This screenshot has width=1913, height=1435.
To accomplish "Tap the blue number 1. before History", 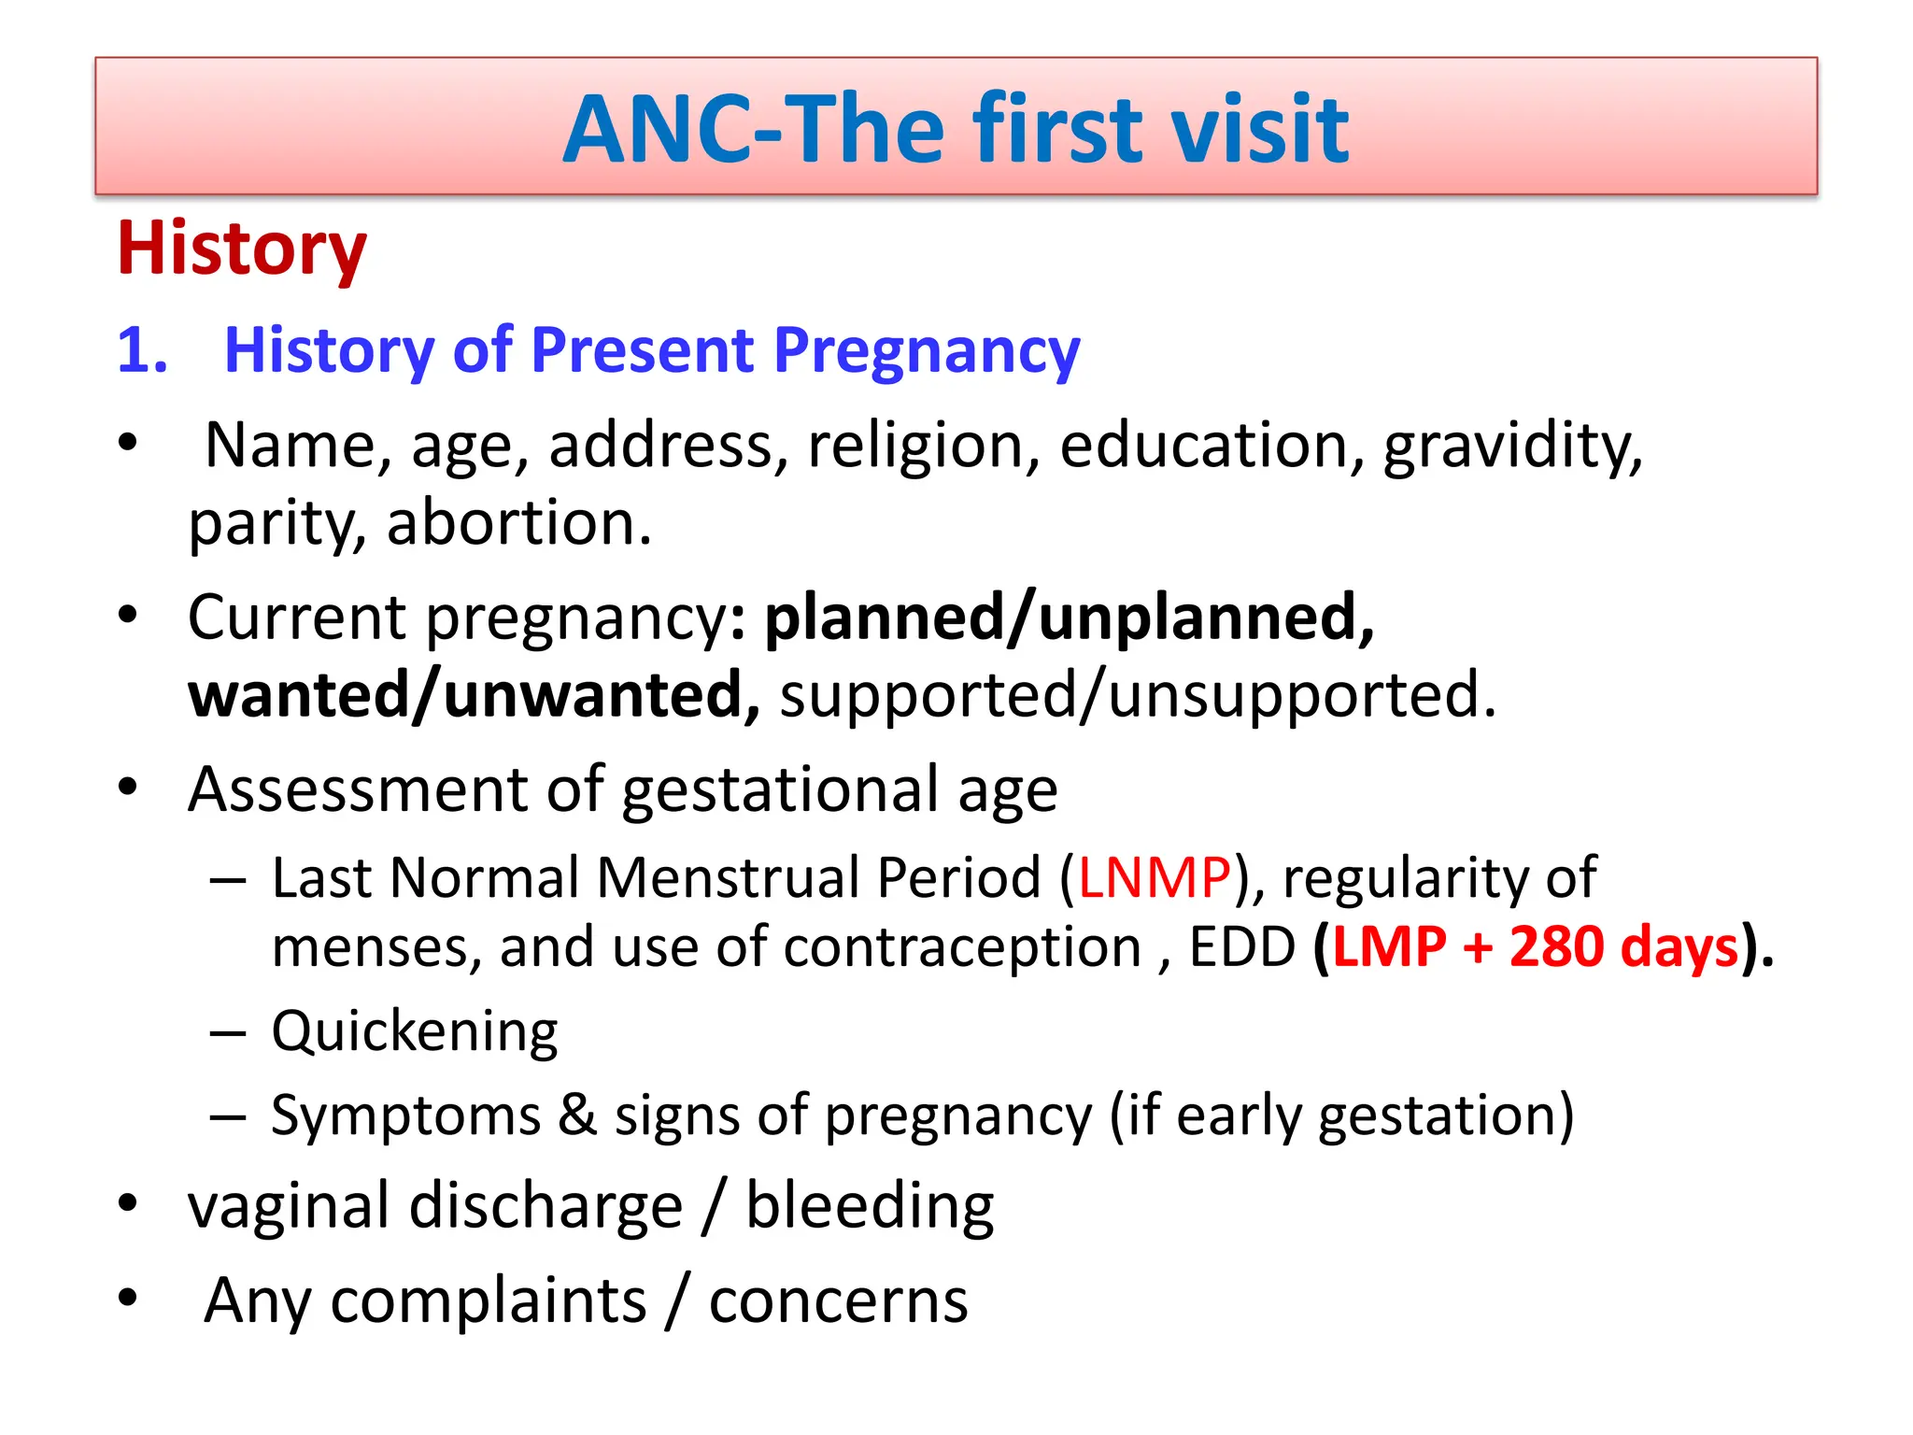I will (x=142, y=350).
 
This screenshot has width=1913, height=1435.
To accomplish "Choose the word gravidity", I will (x=1511, y=445).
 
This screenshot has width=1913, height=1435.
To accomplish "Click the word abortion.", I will (x=518, y=522).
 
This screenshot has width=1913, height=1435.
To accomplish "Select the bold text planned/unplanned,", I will (x=1069, y=618).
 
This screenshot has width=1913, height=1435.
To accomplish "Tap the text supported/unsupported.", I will (x=1137, y=695).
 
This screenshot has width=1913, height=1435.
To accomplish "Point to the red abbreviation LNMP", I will (x=1155, y=878).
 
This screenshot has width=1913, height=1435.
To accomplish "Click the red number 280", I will (x=1556, y=946).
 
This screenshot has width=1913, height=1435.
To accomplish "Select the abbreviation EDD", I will (x=1241, y=946).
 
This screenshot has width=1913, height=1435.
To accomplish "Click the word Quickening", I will (x=415, y=1031).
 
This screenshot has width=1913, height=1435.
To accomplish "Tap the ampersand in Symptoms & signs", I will (x=577, y=1115).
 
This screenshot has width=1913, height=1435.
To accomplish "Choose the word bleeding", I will (x=869, y=1206).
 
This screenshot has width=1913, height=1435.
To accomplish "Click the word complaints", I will (x=489, y=1300).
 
